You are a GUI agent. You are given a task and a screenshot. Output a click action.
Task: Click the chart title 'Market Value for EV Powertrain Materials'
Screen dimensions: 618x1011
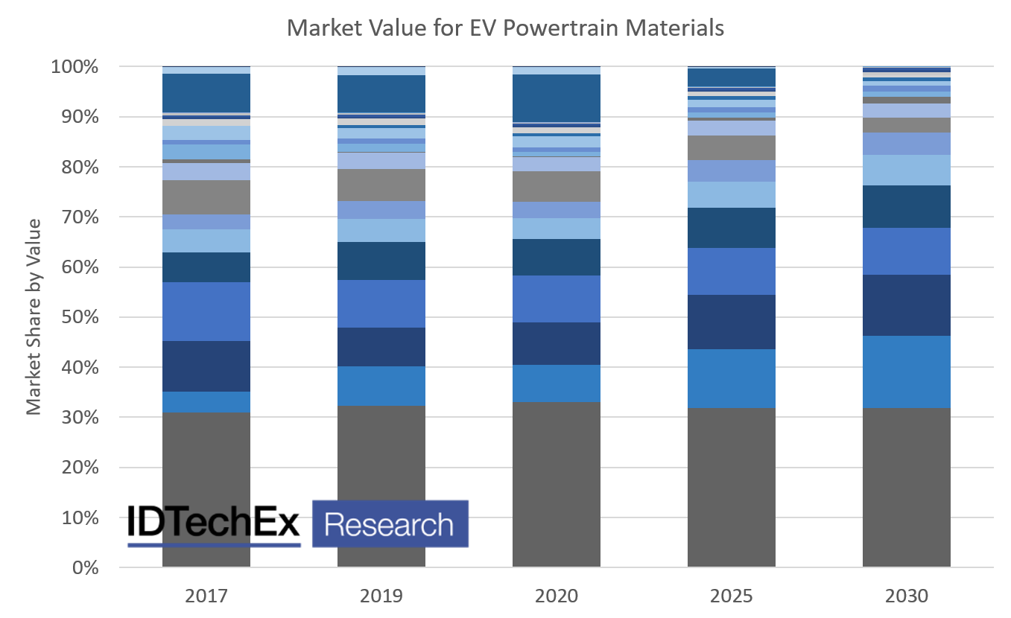(505, 28)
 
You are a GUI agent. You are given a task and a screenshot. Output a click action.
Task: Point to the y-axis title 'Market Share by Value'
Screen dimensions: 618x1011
(34, 317)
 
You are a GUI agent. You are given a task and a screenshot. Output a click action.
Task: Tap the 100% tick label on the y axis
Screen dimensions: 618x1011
(74, 67)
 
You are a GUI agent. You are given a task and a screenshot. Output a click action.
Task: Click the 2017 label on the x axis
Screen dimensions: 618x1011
(206, 596)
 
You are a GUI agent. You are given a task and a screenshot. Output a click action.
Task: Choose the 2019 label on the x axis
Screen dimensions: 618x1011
(381, 596)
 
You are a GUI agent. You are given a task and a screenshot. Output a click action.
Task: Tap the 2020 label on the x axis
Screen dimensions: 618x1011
(556, 596)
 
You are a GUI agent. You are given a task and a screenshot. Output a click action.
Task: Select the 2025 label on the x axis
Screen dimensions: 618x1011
(731, 596)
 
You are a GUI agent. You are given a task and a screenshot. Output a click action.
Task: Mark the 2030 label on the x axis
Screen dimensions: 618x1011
(906, 596)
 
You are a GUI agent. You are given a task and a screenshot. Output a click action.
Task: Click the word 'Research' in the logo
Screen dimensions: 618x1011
(389, 524)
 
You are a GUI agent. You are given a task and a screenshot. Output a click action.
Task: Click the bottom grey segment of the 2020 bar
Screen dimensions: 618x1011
(556, 484)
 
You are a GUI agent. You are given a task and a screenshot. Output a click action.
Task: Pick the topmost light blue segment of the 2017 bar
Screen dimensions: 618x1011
(206, 70)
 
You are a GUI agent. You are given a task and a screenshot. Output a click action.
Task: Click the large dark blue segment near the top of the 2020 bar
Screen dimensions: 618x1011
(556, 98)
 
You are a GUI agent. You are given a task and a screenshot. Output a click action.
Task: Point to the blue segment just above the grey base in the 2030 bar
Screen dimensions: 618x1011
(906, 372)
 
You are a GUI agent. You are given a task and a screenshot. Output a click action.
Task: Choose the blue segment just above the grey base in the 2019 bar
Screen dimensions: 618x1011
(381, 386)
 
